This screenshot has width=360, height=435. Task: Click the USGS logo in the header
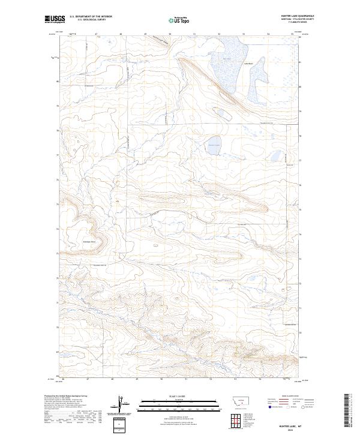point(56,19)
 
